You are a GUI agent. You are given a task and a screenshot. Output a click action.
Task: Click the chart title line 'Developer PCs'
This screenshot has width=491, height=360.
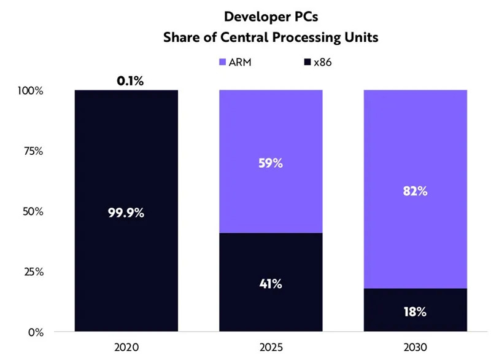pos(270,16)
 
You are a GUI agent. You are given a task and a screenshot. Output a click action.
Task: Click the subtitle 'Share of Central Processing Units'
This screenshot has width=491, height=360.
pos(270,37)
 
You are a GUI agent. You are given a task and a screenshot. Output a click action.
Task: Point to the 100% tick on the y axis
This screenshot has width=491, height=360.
pos(30,91)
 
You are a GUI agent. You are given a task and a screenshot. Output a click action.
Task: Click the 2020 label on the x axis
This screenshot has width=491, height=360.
pos(126,348)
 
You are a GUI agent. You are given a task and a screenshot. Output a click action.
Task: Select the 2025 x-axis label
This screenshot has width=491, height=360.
pos(271,348)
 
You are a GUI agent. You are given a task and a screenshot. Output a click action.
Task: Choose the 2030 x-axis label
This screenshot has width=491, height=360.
pos(415,348)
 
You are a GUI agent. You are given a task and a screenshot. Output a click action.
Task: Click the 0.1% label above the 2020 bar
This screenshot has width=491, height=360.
pos(126,81)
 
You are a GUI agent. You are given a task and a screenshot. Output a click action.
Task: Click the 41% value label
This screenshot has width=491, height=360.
pos(271,284)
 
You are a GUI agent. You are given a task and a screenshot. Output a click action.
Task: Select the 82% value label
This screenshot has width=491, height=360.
pos(415,191)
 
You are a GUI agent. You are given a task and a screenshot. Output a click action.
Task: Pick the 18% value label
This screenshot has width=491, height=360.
pos(415,311)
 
